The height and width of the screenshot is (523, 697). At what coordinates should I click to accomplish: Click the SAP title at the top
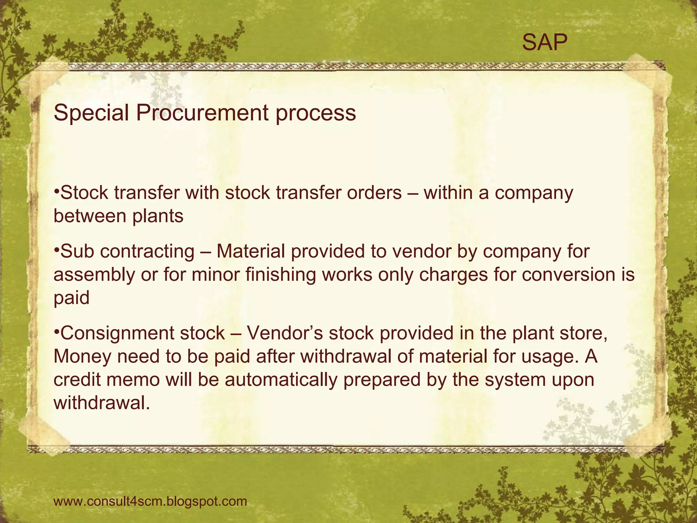point(545,43)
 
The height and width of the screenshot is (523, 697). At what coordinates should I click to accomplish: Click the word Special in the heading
point(91,113)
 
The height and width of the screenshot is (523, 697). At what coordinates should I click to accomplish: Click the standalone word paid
point(71,298)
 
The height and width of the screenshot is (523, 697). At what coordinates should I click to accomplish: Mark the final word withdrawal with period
point(102,403)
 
